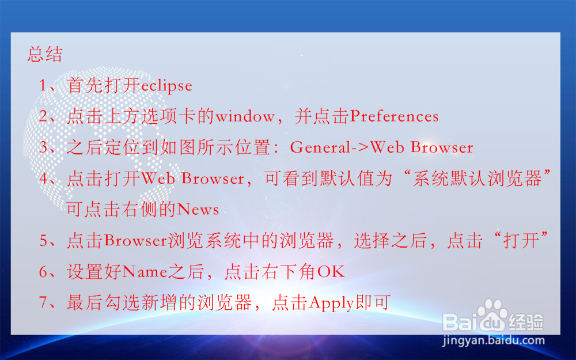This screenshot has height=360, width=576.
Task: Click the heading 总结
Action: tap(45, 55)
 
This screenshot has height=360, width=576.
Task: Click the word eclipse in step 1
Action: tap(166, 86)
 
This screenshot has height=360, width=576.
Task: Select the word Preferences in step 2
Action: tap(395, 117)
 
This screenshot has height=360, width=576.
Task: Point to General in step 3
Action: tap(320, 147)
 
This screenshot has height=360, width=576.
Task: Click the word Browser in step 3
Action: tap(442, 147)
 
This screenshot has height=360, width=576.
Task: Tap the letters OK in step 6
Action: tap(331, 272)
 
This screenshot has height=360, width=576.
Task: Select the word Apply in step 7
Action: tap(331, 303)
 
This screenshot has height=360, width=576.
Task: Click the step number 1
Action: tap(44, 86)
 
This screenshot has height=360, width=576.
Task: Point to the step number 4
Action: tap(44, 179)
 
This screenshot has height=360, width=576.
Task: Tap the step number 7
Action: tap(44, 303)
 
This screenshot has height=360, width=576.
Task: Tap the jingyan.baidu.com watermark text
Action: tap(493, 340)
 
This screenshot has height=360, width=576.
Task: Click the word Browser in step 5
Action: tap(136, 241)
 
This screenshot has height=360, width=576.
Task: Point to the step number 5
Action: tap(44, 241)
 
